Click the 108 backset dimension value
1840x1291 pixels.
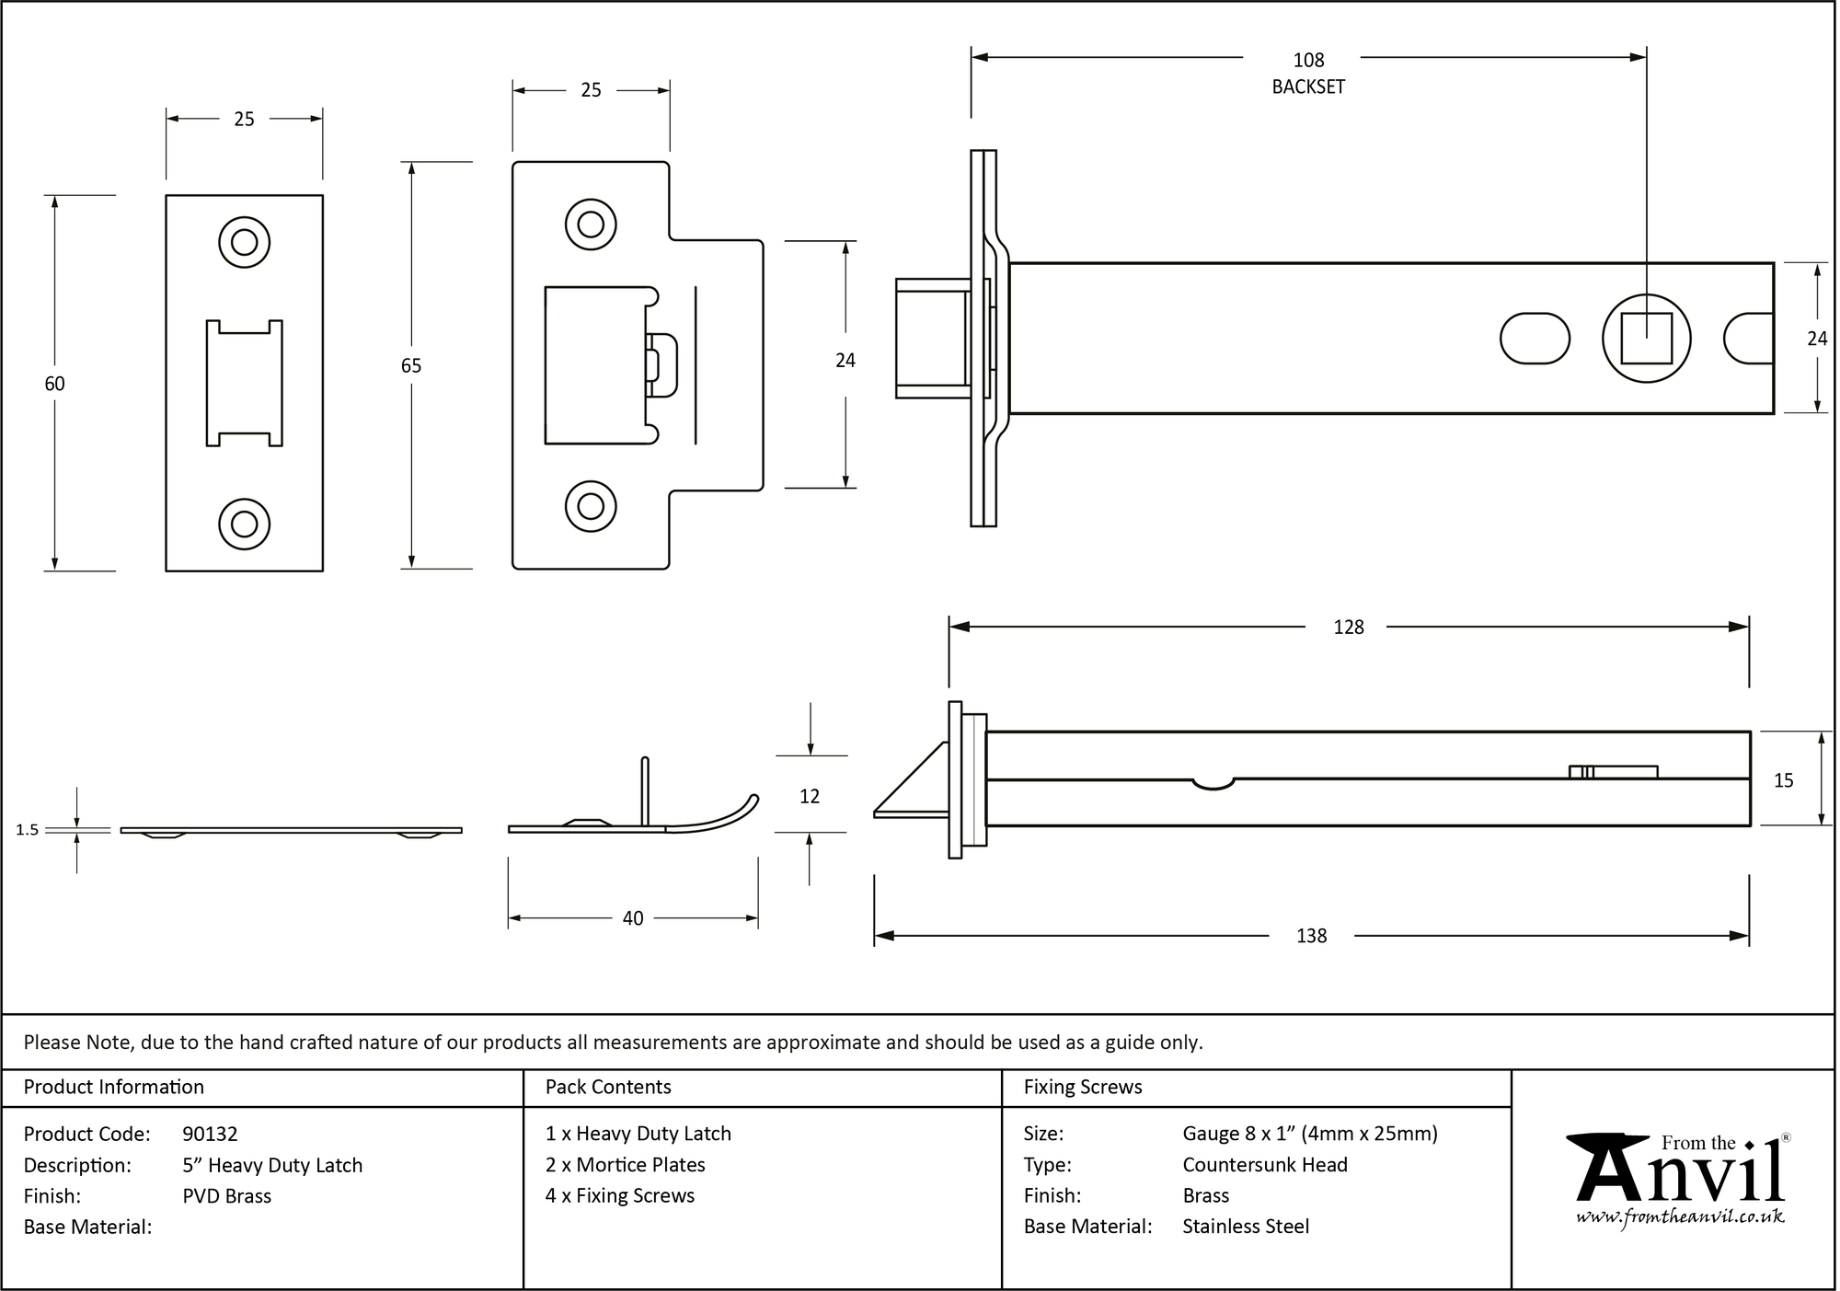1307,61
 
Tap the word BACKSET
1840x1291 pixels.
1307,87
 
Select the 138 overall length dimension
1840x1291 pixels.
1310,936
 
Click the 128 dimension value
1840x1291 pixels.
1348,628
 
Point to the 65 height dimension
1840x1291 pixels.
410,365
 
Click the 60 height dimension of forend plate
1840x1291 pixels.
54,384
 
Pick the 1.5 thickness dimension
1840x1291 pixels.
28,830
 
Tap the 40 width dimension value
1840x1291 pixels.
632,918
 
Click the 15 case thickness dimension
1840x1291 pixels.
1783,780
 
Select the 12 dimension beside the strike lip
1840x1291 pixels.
809,796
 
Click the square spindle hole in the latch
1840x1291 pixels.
1645,339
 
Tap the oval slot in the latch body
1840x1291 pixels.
1534,339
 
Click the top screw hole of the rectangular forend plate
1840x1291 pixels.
244,242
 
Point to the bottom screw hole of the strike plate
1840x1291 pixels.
590,506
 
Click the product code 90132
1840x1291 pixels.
210,1134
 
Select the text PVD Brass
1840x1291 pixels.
226,1196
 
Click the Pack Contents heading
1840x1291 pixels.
608,1087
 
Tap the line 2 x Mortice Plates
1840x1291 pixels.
625,1165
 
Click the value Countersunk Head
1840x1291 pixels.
1264,1165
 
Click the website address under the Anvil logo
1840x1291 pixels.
1679,1217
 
